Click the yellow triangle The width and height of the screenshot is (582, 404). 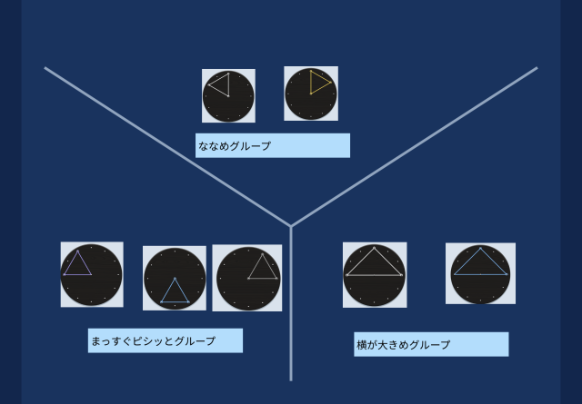[318, 83]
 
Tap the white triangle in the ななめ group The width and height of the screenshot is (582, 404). [221, 84]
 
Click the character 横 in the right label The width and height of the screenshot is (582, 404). [362, 345]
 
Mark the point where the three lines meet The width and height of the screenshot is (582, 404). [291, 226]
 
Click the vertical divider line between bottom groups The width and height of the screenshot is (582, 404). [291, 303]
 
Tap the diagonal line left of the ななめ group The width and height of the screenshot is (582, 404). [167, 147]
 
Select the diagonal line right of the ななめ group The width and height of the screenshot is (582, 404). [415, 147]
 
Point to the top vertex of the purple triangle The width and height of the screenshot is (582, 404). [77, 251]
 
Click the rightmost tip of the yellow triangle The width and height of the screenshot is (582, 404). [331, 83]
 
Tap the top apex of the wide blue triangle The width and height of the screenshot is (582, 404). [480, 248]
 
